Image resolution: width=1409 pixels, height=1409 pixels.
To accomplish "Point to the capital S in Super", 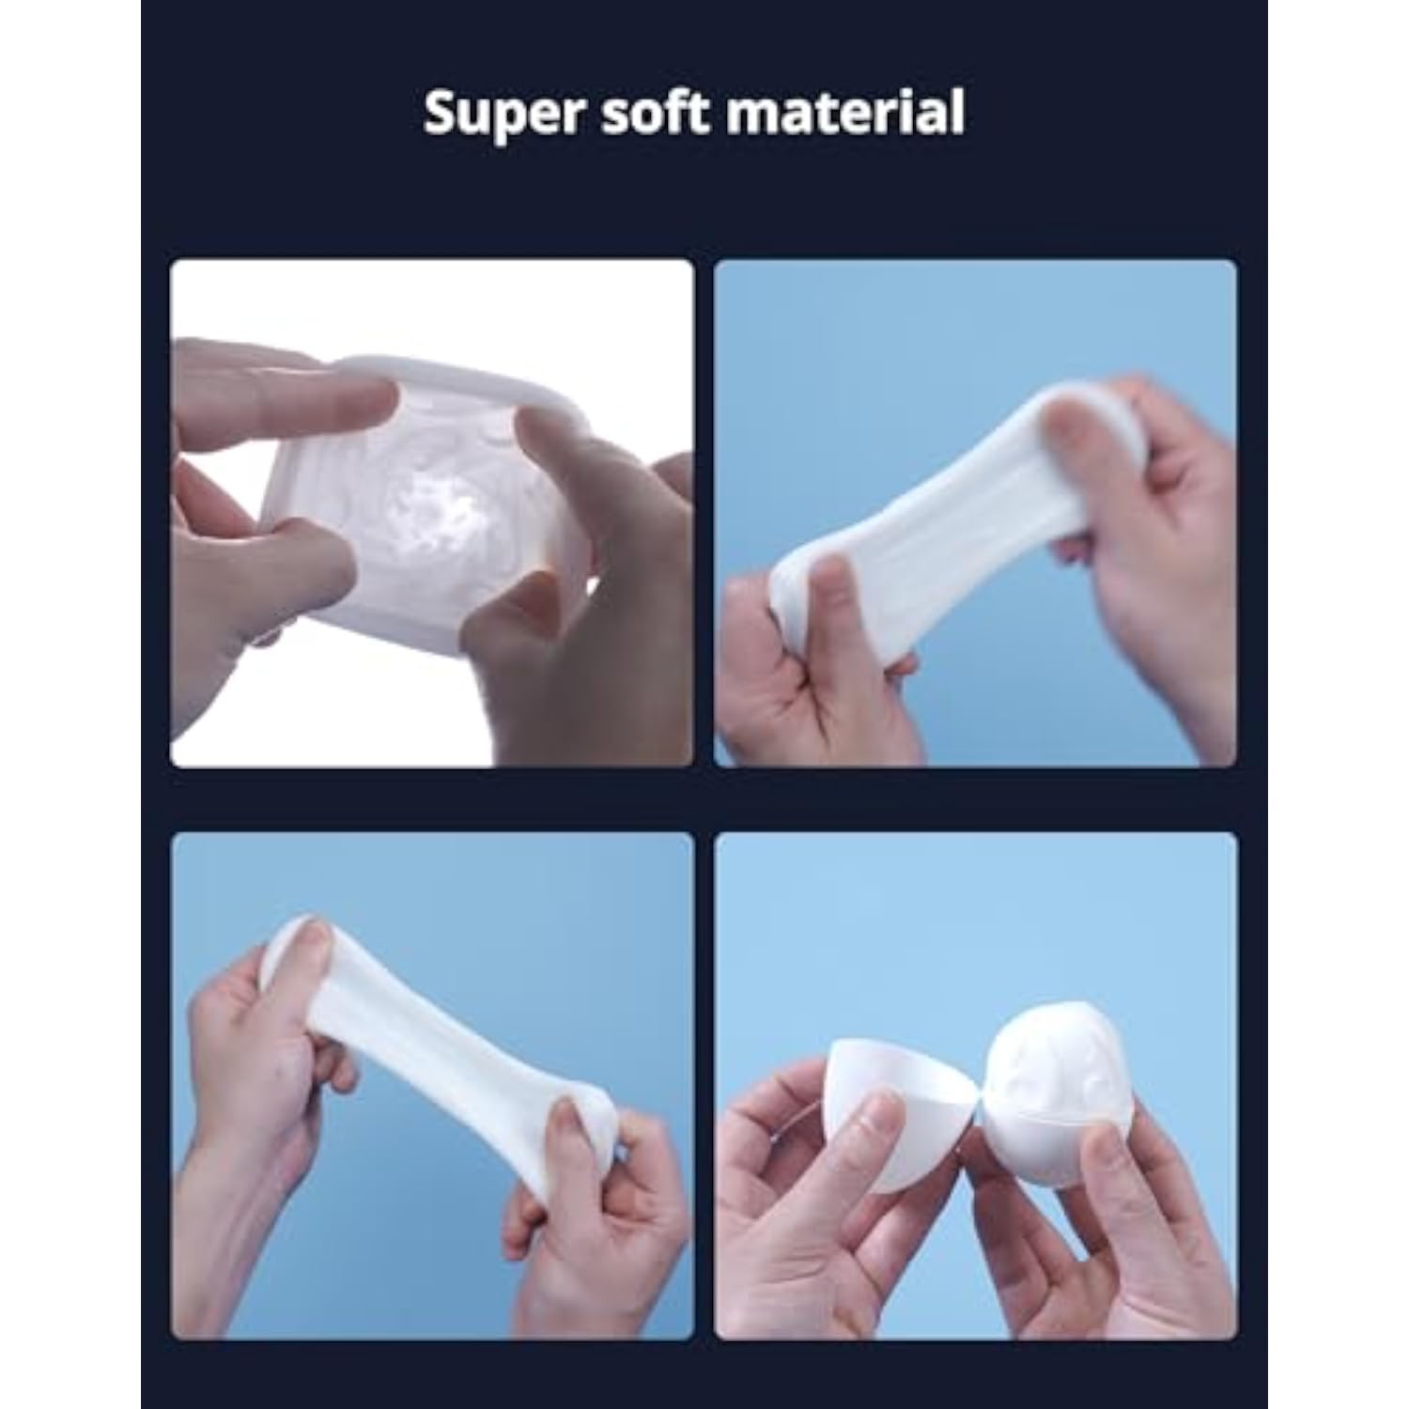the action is (441, 113).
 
